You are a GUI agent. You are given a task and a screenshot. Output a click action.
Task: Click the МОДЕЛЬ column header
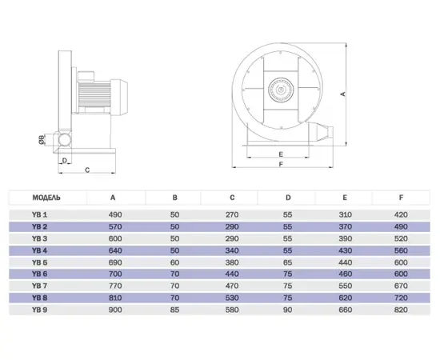click(x=46, y=198)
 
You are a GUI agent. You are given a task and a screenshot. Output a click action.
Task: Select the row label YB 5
click(x=39, y=262)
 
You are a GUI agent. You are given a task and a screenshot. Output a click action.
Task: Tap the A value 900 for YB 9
click(x=115, y=310)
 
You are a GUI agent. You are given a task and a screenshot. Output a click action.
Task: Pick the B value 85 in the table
click(x=174, y=310)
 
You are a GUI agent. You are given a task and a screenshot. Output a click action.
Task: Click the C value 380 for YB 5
click(x=232, y=262)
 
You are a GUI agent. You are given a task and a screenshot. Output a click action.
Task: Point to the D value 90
click(x=288, y=310)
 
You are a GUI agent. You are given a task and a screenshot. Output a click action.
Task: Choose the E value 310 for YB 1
click(x=345, y=214)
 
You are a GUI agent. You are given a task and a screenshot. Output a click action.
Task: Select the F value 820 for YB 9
click(x=401, y=310)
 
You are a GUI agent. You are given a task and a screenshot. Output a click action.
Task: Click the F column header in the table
click(x=402, y=198)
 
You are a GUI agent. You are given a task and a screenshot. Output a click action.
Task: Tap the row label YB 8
click(x=39, y=298)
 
